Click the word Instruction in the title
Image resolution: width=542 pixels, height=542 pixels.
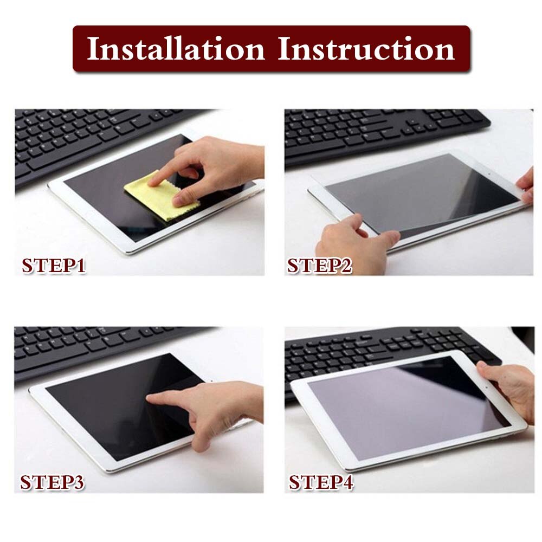(x=366, y=49)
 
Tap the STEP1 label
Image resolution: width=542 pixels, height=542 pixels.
(x=54, y=266)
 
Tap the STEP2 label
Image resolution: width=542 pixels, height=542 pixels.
(x=320, y=266)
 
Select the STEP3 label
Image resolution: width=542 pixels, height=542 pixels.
(x=53, y=482)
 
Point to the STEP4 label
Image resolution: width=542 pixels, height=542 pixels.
(x=321, y=482)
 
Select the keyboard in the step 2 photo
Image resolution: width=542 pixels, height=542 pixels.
(x=379, y=130)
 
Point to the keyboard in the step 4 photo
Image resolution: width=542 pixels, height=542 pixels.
(x=379, y=347)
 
